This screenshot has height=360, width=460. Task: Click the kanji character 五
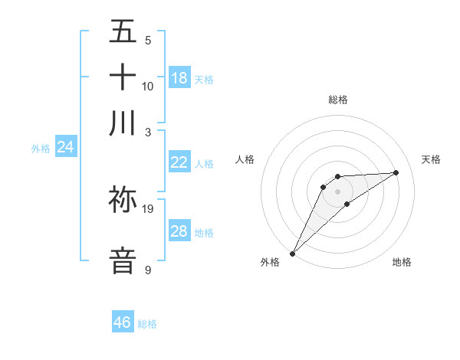point(123,32)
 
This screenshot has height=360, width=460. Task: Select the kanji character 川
point(123,123)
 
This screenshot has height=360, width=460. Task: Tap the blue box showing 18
point(179,78)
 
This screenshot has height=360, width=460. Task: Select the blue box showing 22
point(179,162)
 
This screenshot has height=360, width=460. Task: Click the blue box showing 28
point(179,231)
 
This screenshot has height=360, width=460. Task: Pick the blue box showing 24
point(66,147)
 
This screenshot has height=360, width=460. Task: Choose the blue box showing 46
point(123,322)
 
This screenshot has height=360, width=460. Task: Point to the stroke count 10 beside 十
point(148,87)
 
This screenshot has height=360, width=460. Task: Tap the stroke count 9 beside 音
point(148,270)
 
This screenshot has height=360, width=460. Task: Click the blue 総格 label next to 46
point(147,324)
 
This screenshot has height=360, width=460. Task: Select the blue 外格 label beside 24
point(41,149)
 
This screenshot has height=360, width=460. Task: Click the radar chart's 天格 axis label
point(431,159)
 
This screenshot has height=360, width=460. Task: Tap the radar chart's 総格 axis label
point(337,100)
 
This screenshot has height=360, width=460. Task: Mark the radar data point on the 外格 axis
point(292,254)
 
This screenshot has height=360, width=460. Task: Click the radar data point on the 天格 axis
point(396,172)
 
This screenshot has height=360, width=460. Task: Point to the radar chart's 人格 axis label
point(245,159)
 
